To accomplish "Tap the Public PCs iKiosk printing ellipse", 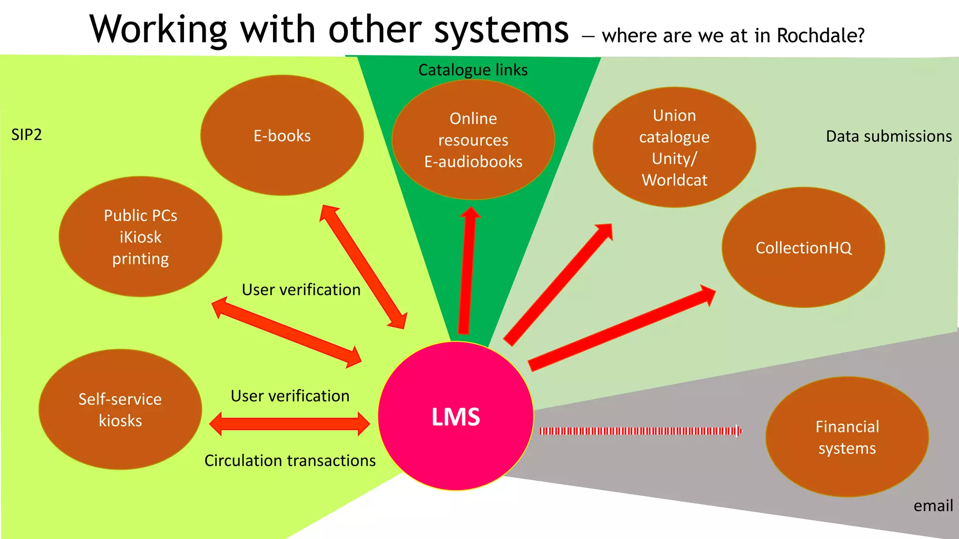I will pyautogui.click(x=140, y=237).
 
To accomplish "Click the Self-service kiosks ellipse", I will pyautogui.click(x=120, y=409).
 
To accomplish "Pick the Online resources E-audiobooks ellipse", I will pyautogui.click(x=473, y=140).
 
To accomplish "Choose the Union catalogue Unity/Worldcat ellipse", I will pyautogui.click(x=674, y=147).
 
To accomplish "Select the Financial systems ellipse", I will pyautogui.click(x=847, y=437).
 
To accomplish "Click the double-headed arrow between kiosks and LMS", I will pyautogui.click(x=289, y=424).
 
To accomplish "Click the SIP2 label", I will pyautogui.click(x=27, y=135).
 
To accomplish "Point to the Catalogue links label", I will pyautogui.click(x=473, y=70).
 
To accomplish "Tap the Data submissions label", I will pyautogui.click(x=888, y=136).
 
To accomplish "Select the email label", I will pyautogui.click(x=933, y=506).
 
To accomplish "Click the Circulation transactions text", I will pyautogui.click(x=290, y=461).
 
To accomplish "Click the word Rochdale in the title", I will pyautogui.click(x=820, y=36).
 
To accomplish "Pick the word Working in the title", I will pyautogui.click(x=158, y=30).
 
